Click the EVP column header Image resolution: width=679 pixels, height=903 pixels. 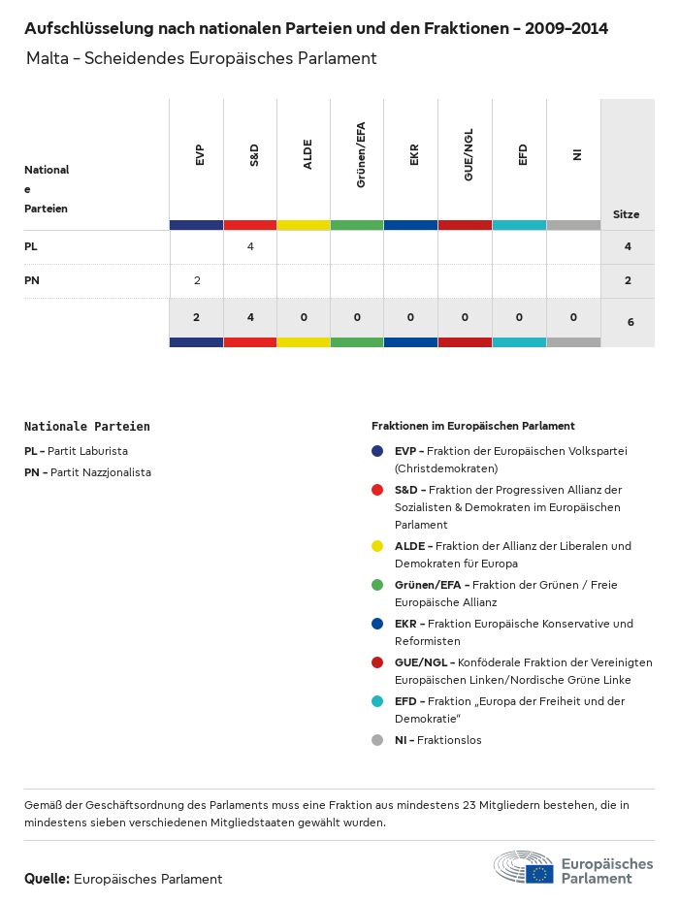coord(199,154)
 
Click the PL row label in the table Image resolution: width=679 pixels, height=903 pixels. coord(30,246)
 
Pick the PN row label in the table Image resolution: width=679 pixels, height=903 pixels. coord(31,280)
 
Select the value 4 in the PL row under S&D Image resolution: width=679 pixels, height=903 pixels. coord(250,246)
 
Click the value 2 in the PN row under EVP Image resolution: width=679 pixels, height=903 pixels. coord(197,280)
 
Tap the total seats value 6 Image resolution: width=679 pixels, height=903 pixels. coord(630,320)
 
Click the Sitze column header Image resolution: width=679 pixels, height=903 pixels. coord(627,214)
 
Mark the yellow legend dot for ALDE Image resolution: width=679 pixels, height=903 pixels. coord(377,546)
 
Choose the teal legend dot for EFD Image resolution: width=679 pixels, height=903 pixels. coord(377,701)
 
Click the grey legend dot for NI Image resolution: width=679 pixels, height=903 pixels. coord(377,740)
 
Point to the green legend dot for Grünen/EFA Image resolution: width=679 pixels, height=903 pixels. coord(377,585)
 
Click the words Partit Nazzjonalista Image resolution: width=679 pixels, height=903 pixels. coord(100,472)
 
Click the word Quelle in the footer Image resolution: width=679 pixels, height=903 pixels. coord(46,879)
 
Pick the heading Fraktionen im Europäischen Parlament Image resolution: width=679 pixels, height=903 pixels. coord(473,426)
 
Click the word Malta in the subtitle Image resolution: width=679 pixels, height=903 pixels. coord(48,58)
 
